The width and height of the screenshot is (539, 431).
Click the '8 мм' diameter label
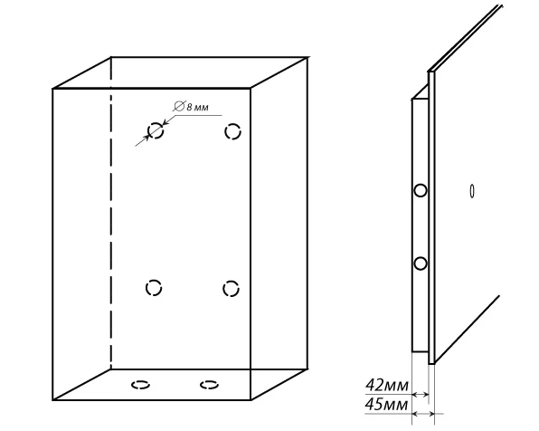[x=197, y=107]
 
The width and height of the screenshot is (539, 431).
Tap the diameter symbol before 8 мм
[x=179, y=106]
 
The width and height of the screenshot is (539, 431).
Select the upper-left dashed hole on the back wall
[x=156, y=130]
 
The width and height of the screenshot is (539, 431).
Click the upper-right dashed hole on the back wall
[x=232, y=131]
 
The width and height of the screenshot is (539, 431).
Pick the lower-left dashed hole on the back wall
[x=154, y=288]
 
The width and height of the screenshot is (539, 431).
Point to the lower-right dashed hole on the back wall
[x=231, y=289]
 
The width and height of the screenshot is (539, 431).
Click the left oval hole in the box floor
[x=140, y=385]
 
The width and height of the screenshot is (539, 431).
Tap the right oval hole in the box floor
[x=209, y=385]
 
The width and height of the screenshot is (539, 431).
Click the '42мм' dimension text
[x=387, y=385]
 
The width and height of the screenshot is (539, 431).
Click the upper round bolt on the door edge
[x=420, y=190]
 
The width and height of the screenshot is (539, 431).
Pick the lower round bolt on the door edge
[x=420, y=263]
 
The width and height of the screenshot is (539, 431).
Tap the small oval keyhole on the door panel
[x=472, y=191]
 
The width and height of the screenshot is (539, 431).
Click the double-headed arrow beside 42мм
[x=420, y=395]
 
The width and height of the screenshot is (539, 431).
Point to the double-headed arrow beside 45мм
[x=423, y=414]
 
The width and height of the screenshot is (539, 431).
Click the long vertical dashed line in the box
[x=110, y=214]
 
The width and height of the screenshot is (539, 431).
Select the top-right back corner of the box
[x=307, y=58]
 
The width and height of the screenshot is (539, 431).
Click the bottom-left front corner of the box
[x=53, y=399]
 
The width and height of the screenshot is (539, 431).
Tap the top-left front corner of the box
[x=53, y=89]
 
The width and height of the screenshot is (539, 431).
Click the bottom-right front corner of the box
[x=251, y=399]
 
